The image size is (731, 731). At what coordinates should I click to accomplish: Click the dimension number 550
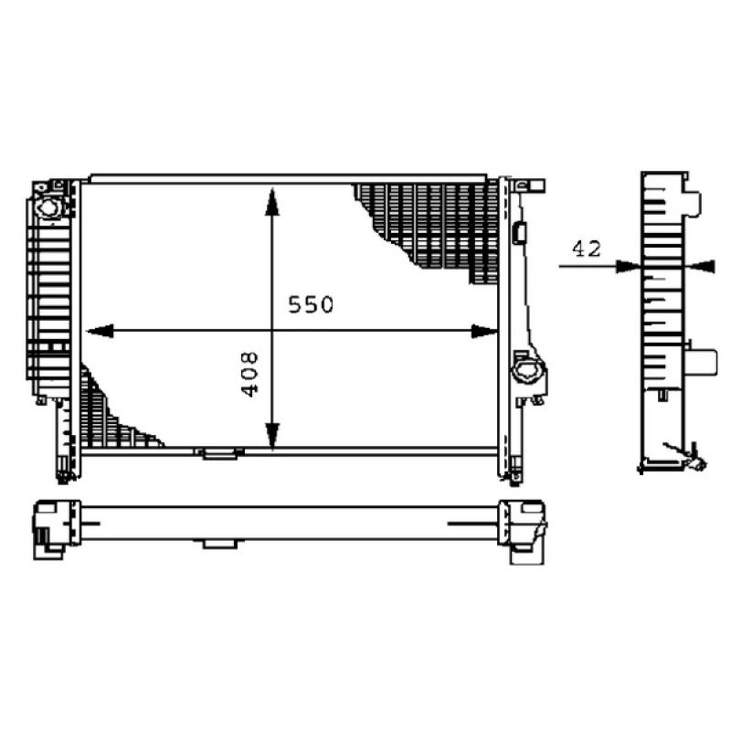point(312,304)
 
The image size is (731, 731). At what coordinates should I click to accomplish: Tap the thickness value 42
point(586,248)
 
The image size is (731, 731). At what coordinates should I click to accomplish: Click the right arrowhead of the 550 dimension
point(484,331)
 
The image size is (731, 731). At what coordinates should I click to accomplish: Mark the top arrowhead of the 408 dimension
point(272,202)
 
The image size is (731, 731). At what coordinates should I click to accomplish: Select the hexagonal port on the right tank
point(527,373)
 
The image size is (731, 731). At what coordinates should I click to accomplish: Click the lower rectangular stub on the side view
point(701,359)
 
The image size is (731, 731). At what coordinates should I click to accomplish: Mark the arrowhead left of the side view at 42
point(629,266)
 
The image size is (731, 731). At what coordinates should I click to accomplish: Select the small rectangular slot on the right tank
point(519,232)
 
